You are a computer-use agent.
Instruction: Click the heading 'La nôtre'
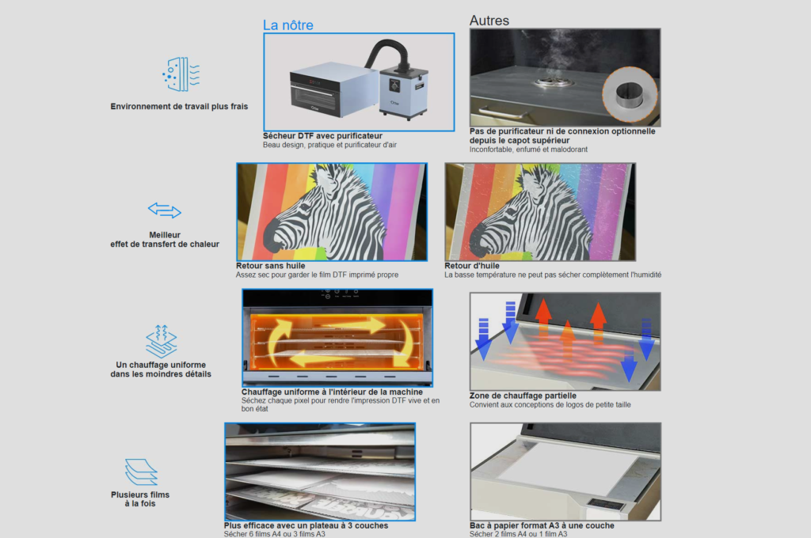pos(288,25)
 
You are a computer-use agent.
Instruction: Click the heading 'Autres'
pos(489,21)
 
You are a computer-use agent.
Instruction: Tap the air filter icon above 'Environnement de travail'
pos(181,74)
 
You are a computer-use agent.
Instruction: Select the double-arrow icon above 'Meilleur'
pos(165,210)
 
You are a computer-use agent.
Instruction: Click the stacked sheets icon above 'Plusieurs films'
pos(141,472)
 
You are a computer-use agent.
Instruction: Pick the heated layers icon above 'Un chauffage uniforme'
pos(162,341)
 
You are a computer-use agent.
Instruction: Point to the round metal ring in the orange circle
pos(629,95)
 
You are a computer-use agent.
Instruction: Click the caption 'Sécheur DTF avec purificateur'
pos(323,136)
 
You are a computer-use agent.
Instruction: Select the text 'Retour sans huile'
pos(271,266)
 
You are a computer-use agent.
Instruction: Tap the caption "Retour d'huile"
pos(472,266)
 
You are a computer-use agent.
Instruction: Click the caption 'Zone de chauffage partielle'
pos(523,396)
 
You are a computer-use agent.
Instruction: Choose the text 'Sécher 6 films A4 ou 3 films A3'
pos(275,534)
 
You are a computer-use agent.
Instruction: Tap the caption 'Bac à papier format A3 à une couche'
pos(542,525)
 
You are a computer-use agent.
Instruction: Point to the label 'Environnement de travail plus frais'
pos(179,107)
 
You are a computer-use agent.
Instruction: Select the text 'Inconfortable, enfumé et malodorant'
pos(528,150)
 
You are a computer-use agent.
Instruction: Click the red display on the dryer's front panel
pos(314,82)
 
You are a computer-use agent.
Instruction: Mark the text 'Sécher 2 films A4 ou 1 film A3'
pos(518,534)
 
